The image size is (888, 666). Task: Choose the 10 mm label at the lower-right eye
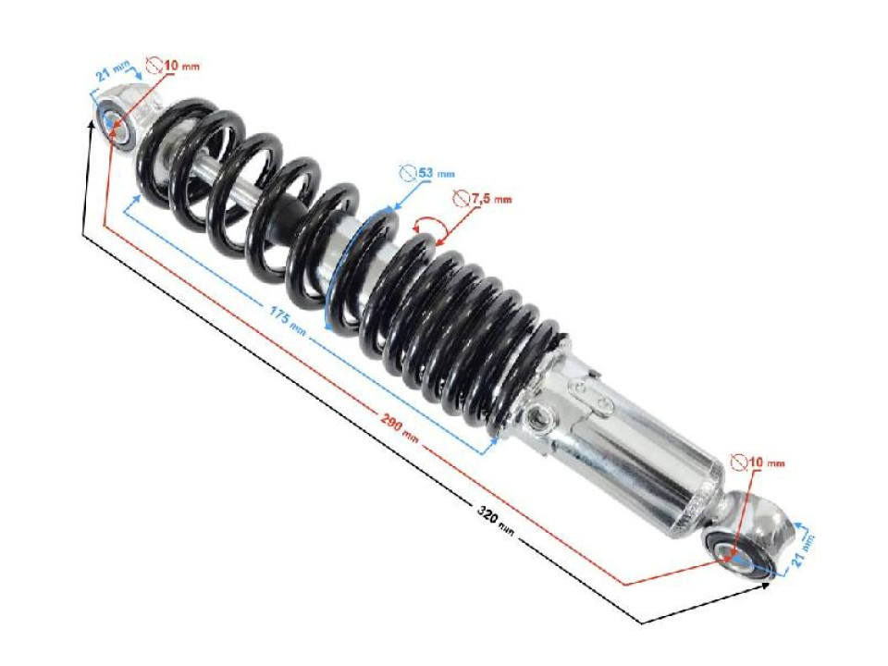point(767,461)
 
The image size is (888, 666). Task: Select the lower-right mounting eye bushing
point(740,554)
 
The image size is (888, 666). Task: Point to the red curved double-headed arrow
point(427,225)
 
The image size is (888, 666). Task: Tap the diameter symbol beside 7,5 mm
point(460,198)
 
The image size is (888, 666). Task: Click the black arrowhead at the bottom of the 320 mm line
point(646,619)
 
